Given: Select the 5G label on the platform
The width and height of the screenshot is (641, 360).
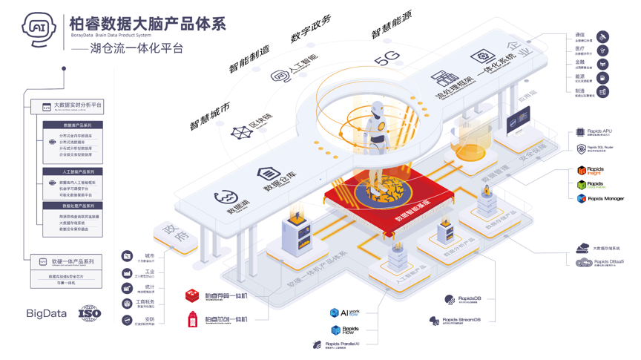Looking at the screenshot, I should click(387, 59).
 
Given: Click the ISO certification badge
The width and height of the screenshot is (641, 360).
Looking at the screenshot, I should click(89, 313).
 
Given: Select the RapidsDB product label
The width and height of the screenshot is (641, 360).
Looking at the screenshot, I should click(464, 299).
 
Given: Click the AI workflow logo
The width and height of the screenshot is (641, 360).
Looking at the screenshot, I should click(345, 313).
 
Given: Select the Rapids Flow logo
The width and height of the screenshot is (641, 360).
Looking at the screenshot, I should click(345, 330).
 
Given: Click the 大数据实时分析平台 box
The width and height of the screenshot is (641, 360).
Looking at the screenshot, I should click(72, 106).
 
